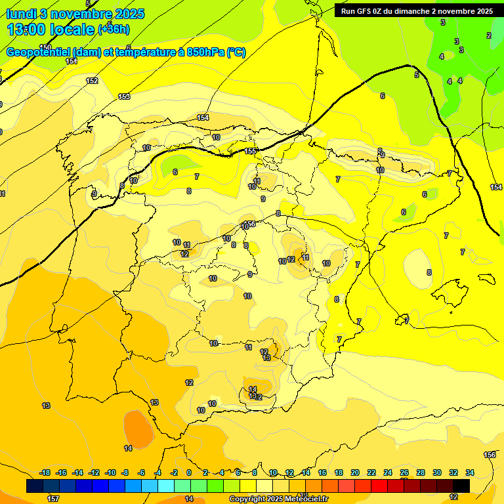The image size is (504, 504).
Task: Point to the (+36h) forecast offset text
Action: click(114, 29)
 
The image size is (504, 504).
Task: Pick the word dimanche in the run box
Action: click(413, 11)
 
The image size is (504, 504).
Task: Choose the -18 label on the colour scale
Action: click(45, 472)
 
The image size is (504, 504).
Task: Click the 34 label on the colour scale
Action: click(470, 472)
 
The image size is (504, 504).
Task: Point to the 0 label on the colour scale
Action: click(189, 472)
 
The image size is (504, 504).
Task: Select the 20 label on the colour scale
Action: click(355, 472)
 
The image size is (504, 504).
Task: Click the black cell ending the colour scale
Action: click(461, 486)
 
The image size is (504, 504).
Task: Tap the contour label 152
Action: click(93, 81)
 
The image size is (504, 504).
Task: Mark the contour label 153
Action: click(124, 96)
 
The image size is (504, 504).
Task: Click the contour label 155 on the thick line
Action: click(250, 152)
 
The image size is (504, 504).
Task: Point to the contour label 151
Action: click(71, 61)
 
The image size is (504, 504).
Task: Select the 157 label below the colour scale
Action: click(53, 499)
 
